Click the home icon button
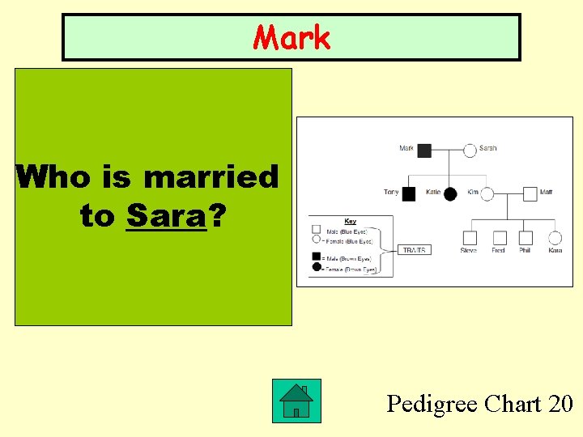[x=296, y=401]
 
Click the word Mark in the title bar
[x=291, y=37]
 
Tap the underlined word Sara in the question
[x=167, y=216]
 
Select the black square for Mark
[x=424, y=150]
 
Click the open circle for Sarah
[x=470, y=150]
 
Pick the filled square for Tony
[x=409, y=193]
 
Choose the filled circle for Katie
[x=450, y=193]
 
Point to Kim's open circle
[x=486, y=193]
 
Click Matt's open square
[x=530, y=193]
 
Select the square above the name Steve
[x=470, y=238]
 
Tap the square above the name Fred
[x=500, y=238]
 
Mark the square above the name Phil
[x=526, y=238]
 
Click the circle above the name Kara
[x=555, y=238]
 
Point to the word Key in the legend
[x=350, y=221]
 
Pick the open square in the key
[x=317, y=230]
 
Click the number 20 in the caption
[x=560, y=403]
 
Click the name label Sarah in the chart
[x=488, y=148]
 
